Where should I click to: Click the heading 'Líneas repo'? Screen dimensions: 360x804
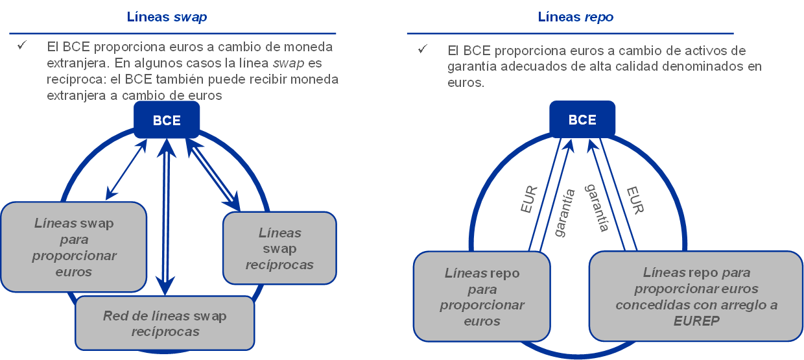pos(575,18)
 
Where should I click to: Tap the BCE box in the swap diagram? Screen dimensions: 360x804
pos(167,120)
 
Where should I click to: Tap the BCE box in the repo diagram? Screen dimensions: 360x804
pos(582,120)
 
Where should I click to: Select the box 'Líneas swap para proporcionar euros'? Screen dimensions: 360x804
pos(73,247)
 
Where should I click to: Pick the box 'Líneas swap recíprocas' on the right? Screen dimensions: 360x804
pos(279,248)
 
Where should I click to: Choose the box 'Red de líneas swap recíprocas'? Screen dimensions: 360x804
pos(165,324)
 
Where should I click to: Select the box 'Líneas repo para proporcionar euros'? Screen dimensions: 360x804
pos(482,297)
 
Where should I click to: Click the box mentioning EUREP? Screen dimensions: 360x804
pos(696,296)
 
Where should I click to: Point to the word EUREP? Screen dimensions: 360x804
pos(696,321)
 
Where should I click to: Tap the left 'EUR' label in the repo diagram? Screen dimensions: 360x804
pos(530,200)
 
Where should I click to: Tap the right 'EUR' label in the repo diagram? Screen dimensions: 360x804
pos(635,200)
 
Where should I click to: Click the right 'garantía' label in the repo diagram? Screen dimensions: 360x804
pos(597,208)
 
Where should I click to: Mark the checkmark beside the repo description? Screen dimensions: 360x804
pos(423,49)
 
